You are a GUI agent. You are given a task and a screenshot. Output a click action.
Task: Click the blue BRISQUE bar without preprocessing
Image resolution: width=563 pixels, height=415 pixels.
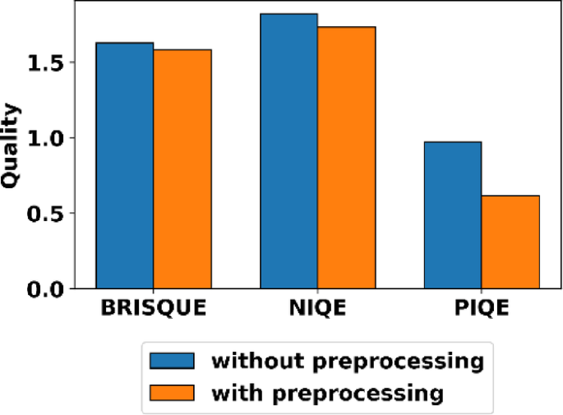(x=124, y=165)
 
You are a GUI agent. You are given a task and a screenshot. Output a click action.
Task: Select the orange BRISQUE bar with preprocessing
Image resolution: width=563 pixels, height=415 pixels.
(x=182, y=169)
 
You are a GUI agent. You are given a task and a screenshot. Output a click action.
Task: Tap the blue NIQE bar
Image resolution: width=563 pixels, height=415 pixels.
(x=288, y=151)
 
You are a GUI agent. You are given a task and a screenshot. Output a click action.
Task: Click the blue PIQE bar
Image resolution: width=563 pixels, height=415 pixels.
(x=452, y=215)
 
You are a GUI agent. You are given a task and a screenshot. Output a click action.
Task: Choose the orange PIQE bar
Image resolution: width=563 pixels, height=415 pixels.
(x=510, y=242)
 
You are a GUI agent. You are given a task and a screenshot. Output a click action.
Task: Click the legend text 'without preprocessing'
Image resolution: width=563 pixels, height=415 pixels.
(x=345, y=361)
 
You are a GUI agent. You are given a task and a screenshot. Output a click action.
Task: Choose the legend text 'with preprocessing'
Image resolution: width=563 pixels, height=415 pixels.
(x=327, y=393)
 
